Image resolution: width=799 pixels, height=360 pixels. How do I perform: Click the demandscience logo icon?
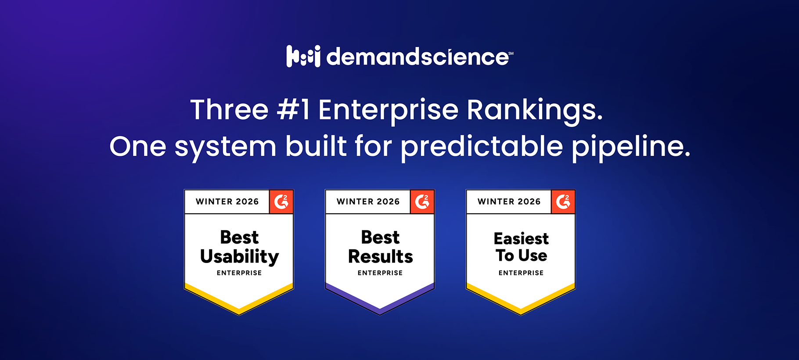(303, 56)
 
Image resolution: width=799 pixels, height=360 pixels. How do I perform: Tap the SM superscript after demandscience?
(511, 53)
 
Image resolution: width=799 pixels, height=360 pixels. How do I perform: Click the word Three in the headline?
(229, 109)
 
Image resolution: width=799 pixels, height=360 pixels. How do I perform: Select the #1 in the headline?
(293, 109)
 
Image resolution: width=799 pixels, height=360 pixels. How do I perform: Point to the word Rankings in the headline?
(534, 110)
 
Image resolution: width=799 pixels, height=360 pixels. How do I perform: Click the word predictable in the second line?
(482, 146)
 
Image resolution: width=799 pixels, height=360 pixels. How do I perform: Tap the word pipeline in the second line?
(630, 146)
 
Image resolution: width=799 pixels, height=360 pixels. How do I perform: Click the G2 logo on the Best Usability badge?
(281, 202)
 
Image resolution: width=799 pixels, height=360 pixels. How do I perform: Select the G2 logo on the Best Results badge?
(422, 202)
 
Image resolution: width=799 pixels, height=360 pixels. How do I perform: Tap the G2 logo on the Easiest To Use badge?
(563, 202)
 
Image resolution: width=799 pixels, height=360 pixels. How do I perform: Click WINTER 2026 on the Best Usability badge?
(227, 202)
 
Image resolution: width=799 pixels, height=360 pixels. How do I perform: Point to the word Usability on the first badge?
(239, 256)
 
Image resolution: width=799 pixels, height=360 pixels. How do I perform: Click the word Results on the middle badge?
(380, 256)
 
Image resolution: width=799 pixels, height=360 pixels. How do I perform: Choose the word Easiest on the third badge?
(521, 238)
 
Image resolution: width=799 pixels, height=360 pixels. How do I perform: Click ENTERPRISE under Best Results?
(380, 273)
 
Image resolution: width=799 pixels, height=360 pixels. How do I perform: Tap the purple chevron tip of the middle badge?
(380, 310)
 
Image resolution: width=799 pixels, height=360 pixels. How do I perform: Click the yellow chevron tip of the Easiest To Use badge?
(521, 311)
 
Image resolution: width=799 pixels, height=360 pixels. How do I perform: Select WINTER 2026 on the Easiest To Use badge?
(509, 202)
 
